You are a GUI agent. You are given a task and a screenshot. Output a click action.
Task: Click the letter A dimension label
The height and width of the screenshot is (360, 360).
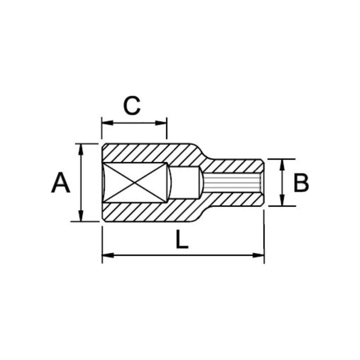(x=61, y=183)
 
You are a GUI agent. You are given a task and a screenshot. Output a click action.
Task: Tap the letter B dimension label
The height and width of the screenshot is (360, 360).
(x=301, y=183)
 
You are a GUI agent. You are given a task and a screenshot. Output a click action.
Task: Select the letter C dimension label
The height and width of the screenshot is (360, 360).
(x=132, y=106)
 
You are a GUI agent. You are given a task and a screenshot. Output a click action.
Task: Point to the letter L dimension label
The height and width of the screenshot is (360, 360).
(x=181, y=240)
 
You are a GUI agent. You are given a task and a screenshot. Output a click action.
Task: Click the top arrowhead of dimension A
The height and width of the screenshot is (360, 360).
(x=81, y=148)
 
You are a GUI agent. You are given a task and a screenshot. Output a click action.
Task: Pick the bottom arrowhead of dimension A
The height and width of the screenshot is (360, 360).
(x=81, y=217)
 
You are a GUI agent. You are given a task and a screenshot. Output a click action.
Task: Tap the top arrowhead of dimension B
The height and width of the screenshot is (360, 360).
(x=282, y=163)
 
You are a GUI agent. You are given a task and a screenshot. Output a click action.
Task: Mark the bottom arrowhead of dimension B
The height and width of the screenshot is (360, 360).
(x=282, y=202)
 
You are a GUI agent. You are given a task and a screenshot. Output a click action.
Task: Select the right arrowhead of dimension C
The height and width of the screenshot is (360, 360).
(x=162, y=122)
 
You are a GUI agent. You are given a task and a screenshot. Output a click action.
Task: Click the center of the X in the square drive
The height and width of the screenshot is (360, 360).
(x=135, y=183)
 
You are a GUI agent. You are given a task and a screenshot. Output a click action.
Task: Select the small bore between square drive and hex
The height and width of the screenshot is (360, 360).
(x=184, y=183)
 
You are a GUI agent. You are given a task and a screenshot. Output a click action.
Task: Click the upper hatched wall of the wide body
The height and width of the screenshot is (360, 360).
(x=148, y=153)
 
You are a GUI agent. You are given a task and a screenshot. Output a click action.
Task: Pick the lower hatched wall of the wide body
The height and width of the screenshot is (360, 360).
(x=148, y=212)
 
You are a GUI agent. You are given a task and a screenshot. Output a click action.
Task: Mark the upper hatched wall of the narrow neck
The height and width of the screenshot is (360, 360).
(x=234, y=166)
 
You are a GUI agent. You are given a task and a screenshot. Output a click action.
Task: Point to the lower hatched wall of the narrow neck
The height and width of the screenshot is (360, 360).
(x=234, y=200)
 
